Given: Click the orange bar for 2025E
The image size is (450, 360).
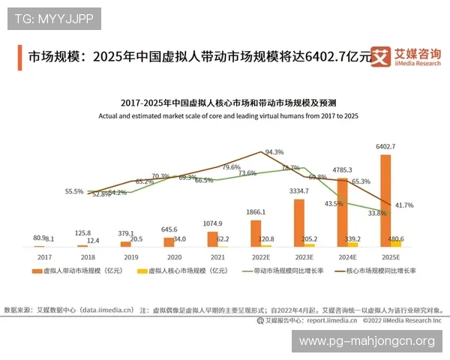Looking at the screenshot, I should (x=385, y=200).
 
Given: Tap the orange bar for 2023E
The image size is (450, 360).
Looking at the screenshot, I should (x=299, y=223).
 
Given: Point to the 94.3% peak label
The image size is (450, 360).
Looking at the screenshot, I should (x=274, y=151).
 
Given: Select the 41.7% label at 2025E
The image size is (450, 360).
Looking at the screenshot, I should (x=403, y=205).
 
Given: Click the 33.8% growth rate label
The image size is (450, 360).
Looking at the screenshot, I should (x=376, y=213).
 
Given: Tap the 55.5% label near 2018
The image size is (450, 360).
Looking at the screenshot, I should (x=74, y=191).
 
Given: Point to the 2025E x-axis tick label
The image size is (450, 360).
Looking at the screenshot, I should (x=385, y=256).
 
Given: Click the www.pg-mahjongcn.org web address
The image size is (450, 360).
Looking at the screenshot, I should (x=367, y=341).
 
